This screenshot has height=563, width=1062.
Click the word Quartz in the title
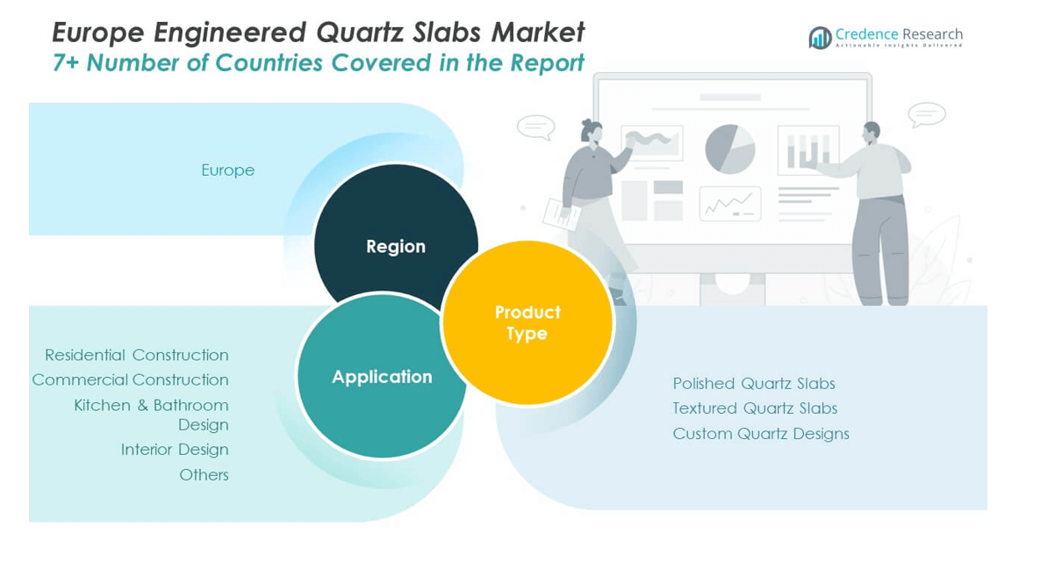coord(361,33)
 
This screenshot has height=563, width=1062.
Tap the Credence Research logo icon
coord(820,38)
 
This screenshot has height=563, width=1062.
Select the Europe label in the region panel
coord(228,170)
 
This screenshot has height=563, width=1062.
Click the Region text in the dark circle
coord(396,247)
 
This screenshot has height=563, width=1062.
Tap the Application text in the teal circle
coord(382,377)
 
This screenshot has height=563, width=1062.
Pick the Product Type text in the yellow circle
coord(527,322)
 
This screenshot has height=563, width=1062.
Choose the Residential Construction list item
coord(137,355)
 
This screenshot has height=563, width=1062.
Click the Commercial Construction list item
coord(131,380)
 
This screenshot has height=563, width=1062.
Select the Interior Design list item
coord(175,450)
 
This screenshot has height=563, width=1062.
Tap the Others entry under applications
coord(205,475)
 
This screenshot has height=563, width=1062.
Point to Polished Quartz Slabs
coord(754,383)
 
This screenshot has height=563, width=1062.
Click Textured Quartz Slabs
coord(755,408)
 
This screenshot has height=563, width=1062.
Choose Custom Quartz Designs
coord(761,434)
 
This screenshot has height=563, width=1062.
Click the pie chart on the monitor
coord(730,149)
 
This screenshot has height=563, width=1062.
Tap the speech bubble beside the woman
coord(536,127)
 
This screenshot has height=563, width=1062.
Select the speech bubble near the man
coord(927,115)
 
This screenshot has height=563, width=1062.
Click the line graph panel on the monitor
coord(730,204)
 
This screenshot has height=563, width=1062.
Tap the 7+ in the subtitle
coord(66,63)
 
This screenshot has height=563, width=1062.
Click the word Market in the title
coord(538,33)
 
